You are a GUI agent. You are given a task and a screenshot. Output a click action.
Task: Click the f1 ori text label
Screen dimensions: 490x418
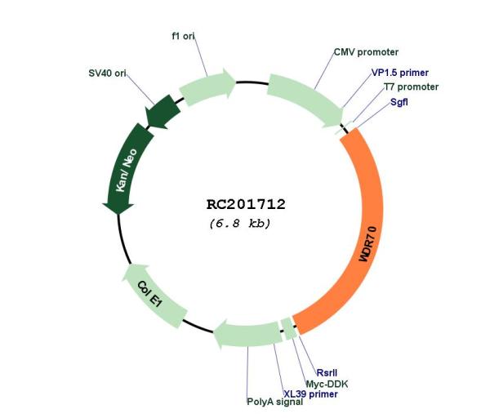point(183,36)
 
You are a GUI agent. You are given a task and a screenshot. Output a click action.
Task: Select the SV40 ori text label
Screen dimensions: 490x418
point(107,73)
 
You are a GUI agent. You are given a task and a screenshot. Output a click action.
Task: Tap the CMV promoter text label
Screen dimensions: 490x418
point(366,52)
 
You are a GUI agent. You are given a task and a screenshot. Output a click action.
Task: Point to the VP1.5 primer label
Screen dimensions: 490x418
point(399,73)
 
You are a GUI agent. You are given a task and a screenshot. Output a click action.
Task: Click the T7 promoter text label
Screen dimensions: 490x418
point(411,87)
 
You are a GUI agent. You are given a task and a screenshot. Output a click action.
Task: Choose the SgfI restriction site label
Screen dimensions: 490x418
point(399,102)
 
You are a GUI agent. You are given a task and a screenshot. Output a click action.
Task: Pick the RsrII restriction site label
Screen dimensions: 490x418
point(327,373)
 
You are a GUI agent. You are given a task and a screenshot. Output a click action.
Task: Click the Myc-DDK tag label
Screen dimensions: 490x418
point(327,384)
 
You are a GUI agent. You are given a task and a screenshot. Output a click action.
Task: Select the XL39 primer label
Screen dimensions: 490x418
point(310,394)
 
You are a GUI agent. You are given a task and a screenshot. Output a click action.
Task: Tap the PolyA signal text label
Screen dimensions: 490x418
point(274,402)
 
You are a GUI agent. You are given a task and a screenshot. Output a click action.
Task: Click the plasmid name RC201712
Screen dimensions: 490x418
point(246,204)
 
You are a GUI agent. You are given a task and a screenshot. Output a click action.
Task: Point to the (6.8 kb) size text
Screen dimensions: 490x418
point(239,224)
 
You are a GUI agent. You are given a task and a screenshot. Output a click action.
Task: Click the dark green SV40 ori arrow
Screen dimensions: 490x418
point(163,112)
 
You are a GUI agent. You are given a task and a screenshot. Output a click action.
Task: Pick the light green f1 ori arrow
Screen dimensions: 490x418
point(207,85)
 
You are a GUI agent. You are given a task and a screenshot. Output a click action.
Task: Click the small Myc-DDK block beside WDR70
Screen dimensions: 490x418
point(289,328)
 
